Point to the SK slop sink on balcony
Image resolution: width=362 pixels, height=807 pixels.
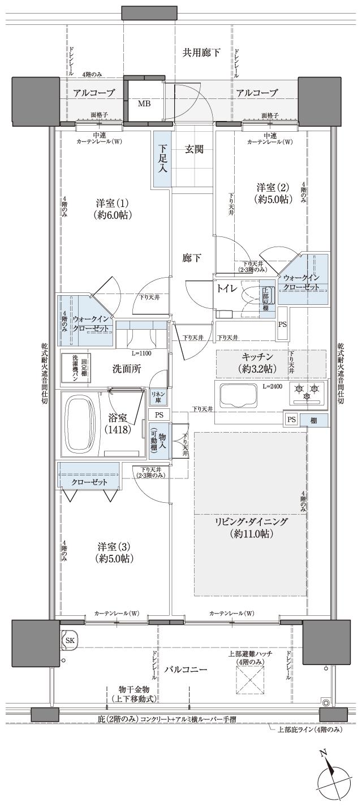point(70,640)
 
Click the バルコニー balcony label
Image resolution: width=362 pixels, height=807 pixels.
point(186,669)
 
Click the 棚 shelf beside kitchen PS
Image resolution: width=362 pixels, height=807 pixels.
point(313,420)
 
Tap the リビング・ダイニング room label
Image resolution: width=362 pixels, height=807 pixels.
point(251,527)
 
